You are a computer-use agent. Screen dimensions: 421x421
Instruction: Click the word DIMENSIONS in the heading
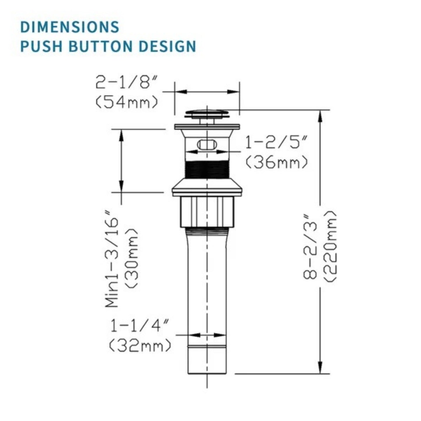[x=70, y=27]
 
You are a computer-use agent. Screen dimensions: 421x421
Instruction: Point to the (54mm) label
[x=127, y=102]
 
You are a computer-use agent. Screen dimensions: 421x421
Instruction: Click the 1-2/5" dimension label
[x=276, y=143]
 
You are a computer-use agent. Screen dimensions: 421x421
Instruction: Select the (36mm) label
[x=276, y=162]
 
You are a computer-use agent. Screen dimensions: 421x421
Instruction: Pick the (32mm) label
[x=140, y=346]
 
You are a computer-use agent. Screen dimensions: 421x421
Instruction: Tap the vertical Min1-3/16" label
[x=112, y=261]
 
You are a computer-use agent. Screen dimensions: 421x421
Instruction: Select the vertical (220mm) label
[x=330, y=246]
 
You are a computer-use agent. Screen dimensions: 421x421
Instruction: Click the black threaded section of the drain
[x=207, y=169]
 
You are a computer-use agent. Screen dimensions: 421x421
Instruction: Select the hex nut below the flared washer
[x=207, y=212]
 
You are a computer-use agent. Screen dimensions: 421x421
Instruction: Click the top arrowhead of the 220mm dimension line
[x=320, y=116]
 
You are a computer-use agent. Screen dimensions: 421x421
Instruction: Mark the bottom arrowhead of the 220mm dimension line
[x=320, y=367]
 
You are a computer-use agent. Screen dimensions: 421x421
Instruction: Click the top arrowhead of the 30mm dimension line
[x=121, y=135]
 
